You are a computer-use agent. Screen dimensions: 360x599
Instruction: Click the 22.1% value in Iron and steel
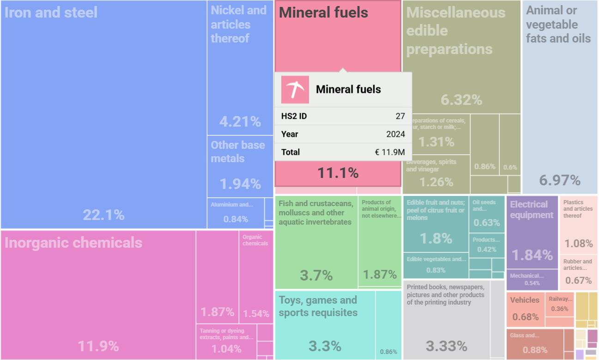(103, 215)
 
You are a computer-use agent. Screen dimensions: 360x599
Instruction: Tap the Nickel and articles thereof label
(239, 24)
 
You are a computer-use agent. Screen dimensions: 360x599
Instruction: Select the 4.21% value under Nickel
(240, 122)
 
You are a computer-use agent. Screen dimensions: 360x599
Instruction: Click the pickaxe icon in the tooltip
(295, 89)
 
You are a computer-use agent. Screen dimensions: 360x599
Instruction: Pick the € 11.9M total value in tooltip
(390, 152)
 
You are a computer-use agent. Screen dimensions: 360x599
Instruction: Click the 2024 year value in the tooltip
(395, 134)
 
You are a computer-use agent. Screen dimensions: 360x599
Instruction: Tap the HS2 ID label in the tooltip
(294, 116)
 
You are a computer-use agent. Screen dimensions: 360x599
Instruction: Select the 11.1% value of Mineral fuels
(338, 173)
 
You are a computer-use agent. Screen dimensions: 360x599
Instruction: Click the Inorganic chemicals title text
(73, 243)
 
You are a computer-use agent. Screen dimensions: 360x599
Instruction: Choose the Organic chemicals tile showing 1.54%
(256, 277)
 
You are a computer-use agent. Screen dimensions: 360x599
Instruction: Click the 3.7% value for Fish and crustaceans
(316, 275)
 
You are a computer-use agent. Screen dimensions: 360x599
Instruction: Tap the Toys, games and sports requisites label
(318, 306)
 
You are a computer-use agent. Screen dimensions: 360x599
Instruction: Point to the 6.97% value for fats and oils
(560, 180)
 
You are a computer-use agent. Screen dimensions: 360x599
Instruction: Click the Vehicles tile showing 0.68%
(526, 309)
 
